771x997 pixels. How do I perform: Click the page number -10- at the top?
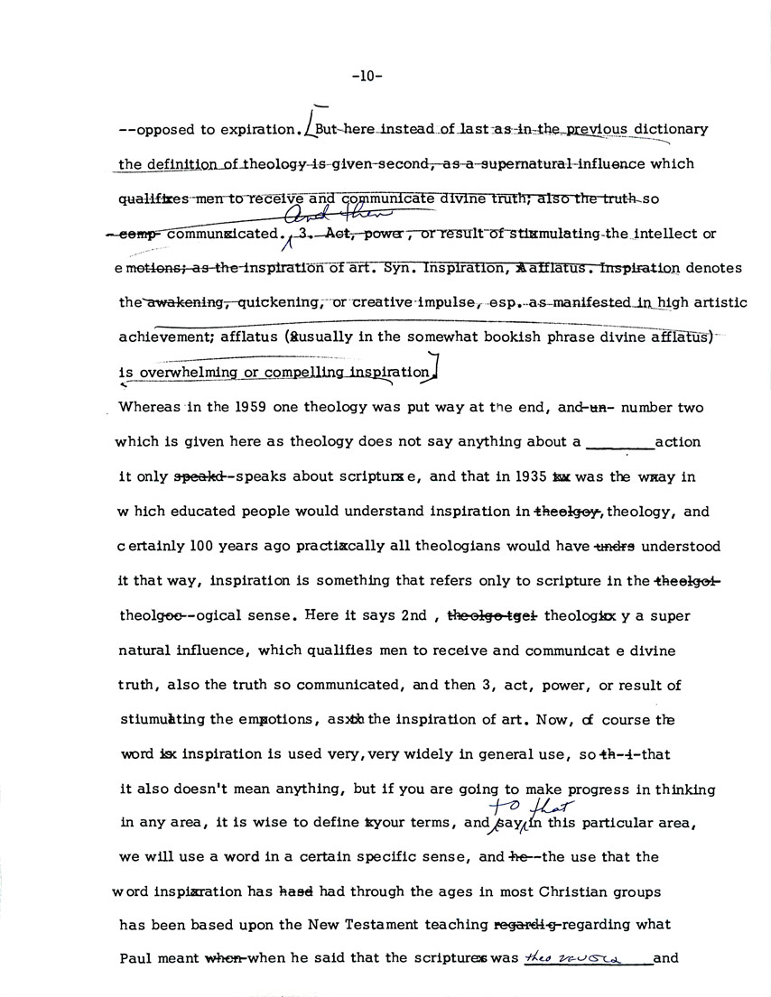point(367,77)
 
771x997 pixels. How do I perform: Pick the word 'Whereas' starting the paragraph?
point(145,408)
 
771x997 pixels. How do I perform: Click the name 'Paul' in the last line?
point(136,959)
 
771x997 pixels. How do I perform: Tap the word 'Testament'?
point(374,925)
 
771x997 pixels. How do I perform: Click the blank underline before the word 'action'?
point(619,443)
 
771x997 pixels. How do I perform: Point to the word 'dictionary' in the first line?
point(670,129)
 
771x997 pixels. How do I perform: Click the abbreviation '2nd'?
point(414,615)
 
